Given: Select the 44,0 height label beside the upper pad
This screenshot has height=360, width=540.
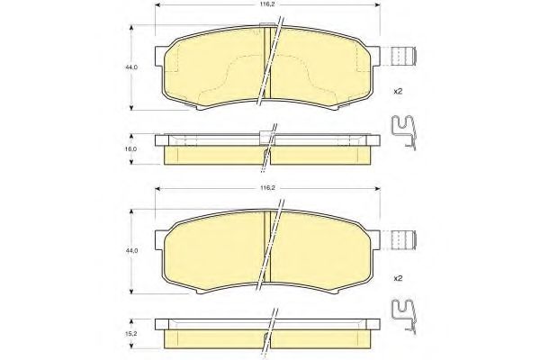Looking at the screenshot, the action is point(131,67).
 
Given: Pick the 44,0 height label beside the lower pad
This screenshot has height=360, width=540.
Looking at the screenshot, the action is point(131,251).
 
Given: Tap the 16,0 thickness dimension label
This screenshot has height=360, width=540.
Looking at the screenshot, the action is point(132,148).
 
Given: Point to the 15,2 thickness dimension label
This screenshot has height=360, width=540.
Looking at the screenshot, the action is point(132,334).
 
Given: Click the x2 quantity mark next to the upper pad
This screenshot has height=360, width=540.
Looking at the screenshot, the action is point(398,92).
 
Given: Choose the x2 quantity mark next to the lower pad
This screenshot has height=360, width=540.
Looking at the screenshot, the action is point(398,278).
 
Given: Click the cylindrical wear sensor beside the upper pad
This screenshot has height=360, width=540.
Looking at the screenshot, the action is point(405,56).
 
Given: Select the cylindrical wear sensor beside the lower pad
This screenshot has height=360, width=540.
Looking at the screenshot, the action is point(405,239).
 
